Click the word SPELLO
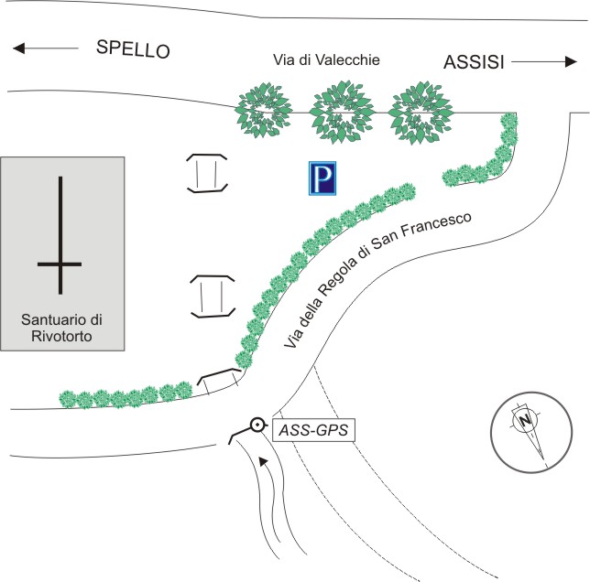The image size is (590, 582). point(134,49)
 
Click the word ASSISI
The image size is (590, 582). point(475,62)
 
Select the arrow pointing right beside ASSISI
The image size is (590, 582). point(546,62)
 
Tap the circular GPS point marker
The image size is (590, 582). point(258,425)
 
